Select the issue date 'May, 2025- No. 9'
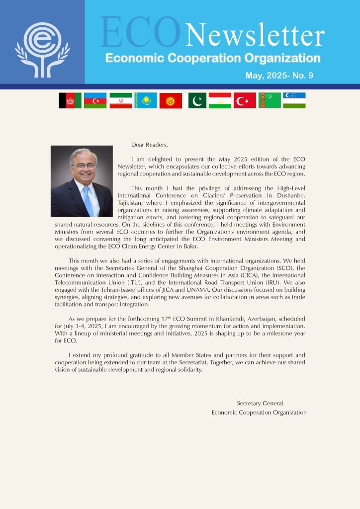tap(279, 76)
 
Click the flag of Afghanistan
tap(70, 100)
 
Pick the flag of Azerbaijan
tap(95, 100)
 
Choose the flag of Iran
tap(121, 100)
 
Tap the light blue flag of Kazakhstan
tap(146, 100)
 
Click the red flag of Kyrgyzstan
tap(171, 100)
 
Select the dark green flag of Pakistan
tap(197, 100)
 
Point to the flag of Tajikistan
tap(220, 100)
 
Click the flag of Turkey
tap(245, 100)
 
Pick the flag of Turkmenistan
tap(270, 100)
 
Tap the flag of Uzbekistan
tap(294, 100)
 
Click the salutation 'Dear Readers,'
tap(150, 145)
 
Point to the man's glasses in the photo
tap(83, 166)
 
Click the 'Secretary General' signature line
tap(260, 404)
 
